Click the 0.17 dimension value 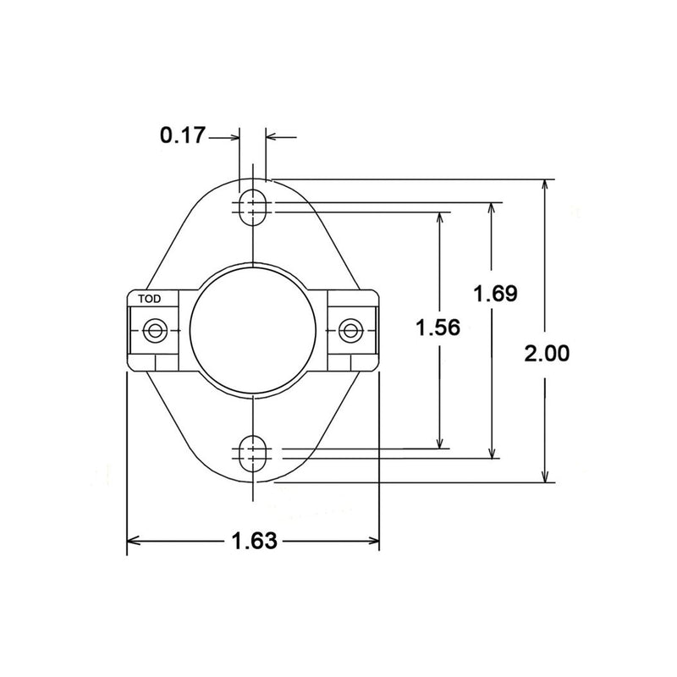pyautogui.click(x=182, y=135)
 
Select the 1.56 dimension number pyautogui.click(x=438, y=327)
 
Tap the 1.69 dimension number pyautogui.click(x=495, y=294)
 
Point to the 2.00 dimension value pyautogui.click(x=547, y=353)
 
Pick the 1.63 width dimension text pyautogui.click(x=255, y=541)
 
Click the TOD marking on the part pyautogui.click(x=150, y=299)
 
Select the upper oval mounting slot pyautogui.click(x=253, y=207)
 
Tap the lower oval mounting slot pyautogui.click(x=253, y=454)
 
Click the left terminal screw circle pyautogui.click(x=155, y=331)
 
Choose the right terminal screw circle pyautogui.click(x=350, y=331)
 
